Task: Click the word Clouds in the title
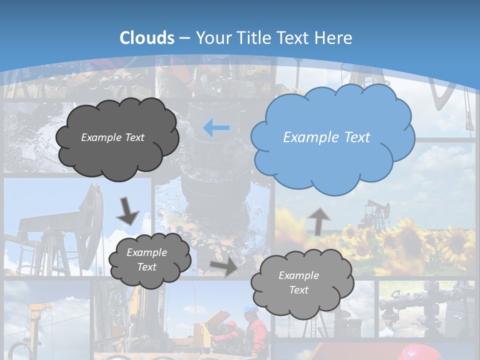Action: (x=147, y=38)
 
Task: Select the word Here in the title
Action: (x=334, y=38)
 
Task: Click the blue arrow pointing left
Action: (x=216, y=128)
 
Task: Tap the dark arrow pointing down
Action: (x=128, y=211)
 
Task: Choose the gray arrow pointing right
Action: (x=224, y=266)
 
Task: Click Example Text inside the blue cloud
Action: (x=326, y=137)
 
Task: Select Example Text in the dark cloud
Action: (x=112, y=137)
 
